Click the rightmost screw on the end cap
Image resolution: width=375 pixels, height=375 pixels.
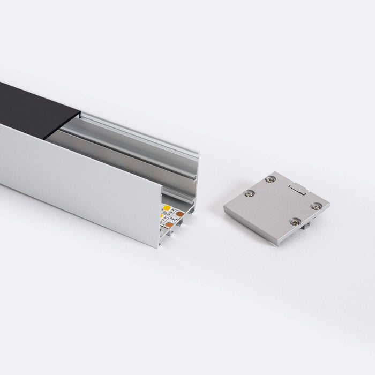click(x=316, y=203)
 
